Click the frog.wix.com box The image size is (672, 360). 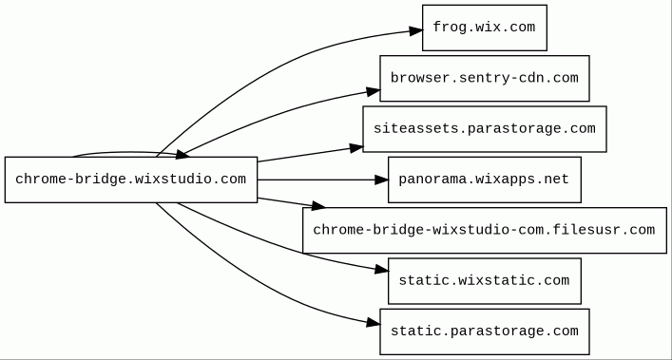[x=485, y=28]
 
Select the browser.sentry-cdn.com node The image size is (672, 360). [x=485, y=78]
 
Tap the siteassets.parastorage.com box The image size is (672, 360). [x=485, y=129]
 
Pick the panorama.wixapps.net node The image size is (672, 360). [x=485, y=180]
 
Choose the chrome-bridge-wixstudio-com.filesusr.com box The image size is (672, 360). [x=485, y=230]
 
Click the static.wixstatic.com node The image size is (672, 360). [x=485, y=281]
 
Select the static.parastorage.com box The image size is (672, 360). [x=485, y=332]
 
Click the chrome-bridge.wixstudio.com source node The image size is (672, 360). [x=131, y=180]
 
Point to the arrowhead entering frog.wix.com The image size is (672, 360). [x=416, y=30]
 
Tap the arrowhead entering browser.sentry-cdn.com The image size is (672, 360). [x=374, y=91]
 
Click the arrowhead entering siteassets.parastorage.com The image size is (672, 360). [x=356, y=148]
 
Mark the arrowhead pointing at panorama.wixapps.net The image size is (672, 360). [x=381, y=180]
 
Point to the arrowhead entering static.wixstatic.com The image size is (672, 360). [x=382, y=269]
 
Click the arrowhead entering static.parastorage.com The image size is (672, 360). [x=374, y=323]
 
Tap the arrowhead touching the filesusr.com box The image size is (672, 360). [x=318, y=206]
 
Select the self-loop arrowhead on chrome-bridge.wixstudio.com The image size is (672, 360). [x=182, y=155]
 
